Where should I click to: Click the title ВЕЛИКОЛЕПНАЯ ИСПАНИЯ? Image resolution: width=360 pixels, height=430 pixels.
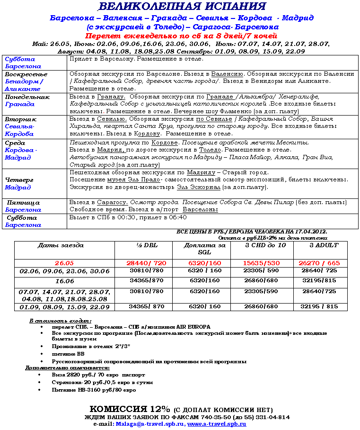[182, 7]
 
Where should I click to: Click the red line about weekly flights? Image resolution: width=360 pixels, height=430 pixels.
[181, 36]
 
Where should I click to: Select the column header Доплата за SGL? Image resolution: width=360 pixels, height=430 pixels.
[205, 249]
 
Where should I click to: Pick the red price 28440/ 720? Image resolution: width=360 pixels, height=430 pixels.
[146, 263]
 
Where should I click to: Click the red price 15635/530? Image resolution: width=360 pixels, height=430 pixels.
[261, 263]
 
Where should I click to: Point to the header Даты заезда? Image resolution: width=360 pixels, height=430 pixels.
[61, 245]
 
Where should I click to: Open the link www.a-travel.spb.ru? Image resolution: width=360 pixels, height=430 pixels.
[217, 424]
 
